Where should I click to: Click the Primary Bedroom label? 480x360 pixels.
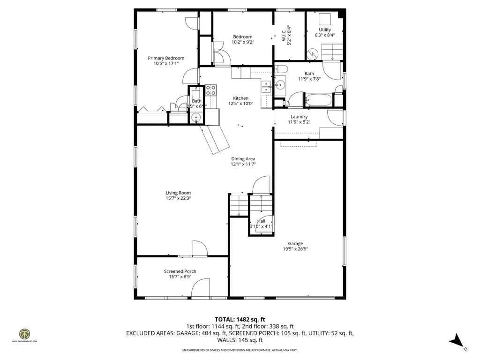(163, 58)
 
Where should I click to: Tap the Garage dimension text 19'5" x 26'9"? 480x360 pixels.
(295, 249)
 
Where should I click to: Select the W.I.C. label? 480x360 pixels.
(284, 35)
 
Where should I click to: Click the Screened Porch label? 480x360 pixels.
(180, 271)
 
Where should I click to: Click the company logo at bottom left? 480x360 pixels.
(24, 335)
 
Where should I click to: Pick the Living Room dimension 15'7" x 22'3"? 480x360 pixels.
(178, 198)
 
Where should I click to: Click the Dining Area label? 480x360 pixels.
(243, 159)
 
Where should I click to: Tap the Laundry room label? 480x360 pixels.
(299, 117)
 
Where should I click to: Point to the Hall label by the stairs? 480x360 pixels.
(261, 221)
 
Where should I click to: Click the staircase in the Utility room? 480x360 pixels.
(332, 51)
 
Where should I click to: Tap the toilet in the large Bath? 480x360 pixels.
(280, 70)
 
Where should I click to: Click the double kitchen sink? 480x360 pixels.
(266, 86)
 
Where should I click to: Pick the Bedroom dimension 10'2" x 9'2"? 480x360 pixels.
(242, 42)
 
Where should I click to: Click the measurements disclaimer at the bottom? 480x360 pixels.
(240, 350)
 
